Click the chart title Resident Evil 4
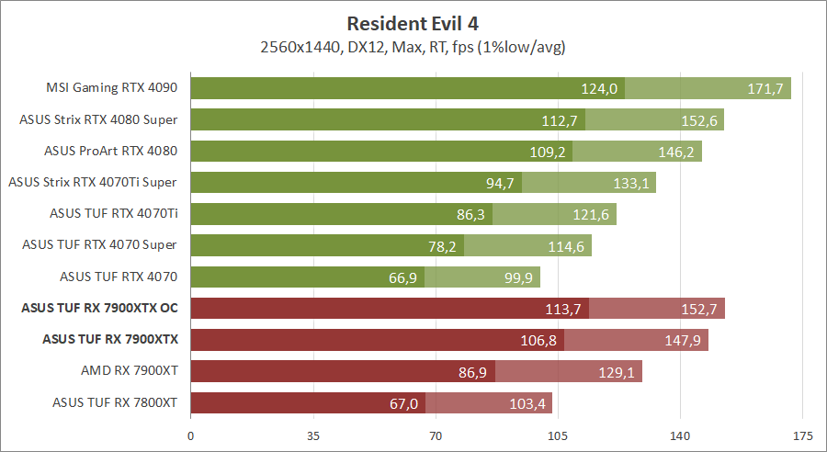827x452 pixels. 413,22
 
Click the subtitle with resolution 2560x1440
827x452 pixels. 413,46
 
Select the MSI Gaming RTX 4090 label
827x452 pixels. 111,89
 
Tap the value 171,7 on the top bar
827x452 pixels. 768,89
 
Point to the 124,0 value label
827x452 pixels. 600,89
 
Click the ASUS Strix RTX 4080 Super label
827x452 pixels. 98,120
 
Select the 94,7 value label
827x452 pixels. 500,183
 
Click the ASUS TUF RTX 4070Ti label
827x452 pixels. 113,214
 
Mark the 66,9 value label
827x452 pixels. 402,277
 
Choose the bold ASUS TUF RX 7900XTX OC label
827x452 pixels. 99,309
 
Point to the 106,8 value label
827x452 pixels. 539,340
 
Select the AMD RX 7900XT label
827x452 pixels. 129,371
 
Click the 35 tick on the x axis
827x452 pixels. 313,435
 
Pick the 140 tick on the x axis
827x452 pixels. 680,435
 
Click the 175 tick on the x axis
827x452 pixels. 802,435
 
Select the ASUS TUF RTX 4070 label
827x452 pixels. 119,277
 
